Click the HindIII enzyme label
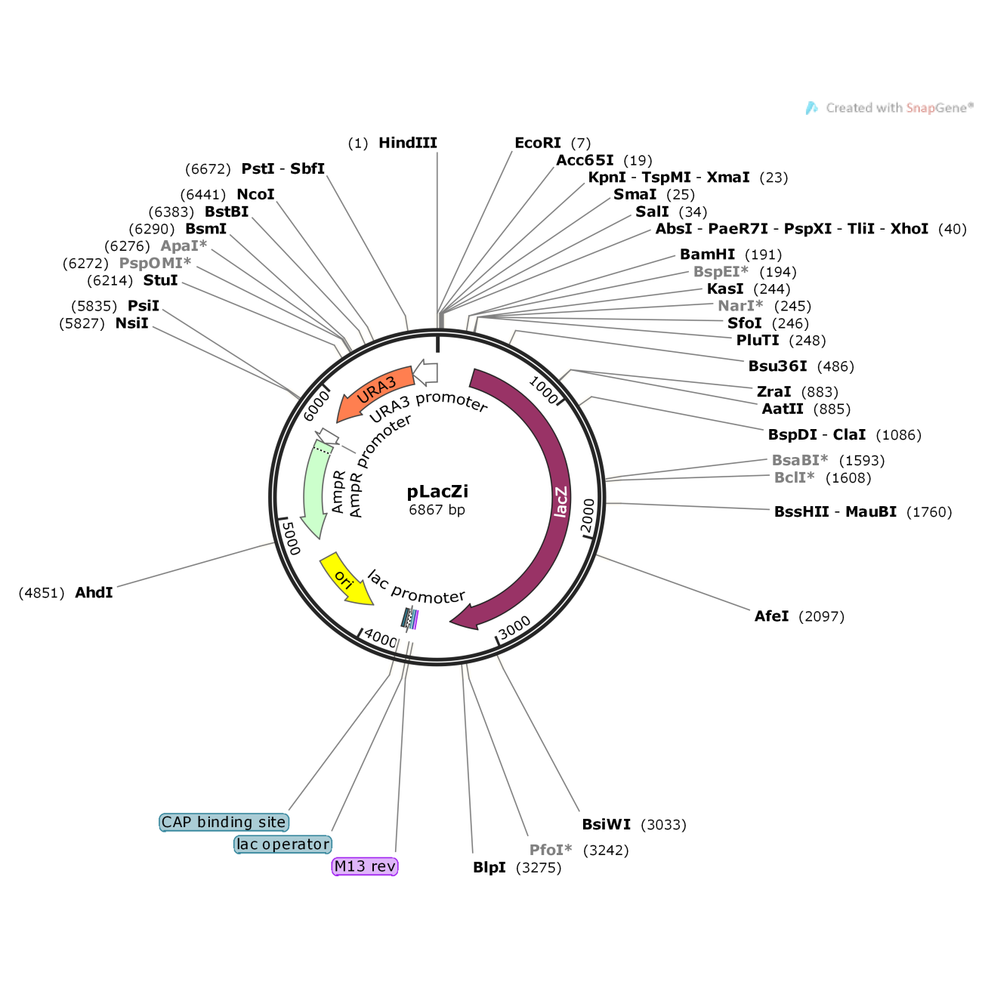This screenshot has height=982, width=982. click(x=407, y=143)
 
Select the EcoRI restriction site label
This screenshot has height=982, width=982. click(x=538, y=143)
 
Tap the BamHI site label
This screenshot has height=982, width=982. click(x=707, y=255)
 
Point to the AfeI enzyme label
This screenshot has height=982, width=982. click(x=771, y=616)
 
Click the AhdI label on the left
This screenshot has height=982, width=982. click(x=94, y=592)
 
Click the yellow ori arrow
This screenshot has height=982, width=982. click(x=345, y=579)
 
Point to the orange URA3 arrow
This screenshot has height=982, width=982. click(x=375, y=392)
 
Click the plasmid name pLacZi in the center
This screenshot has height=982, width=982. click(x=437, y=491)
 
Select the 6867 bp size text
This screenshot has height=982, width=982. click(x=437, y=510)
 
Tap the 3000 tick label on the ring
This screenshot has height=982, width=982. click(x=514, y=627)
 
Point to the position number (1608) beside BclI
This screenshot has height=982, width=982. click(x=848, y=478)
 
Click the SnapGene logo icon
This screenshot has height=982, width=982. click(x=811, y=108)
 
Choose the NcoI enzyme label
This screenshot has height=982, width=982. click(x=255, y=194)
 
